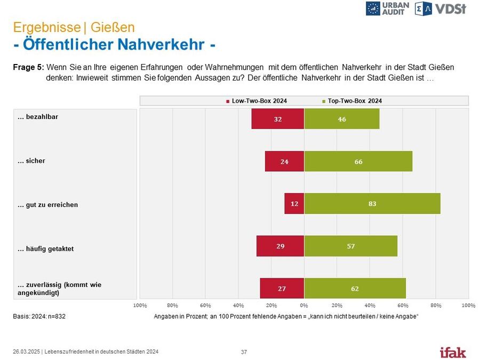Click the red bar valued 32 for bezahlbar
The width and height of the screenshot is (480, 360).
tap(278, 119)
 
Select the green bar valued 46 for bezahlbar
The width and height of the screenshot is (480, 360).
tap(341, 119)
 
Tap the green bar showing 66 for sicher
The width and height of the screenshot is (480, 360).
tap(358, 161)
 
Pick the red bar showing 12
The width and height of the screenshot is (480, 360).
tap(294, 204)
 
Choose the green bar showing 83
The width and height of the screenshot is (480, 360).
tap(372, 204)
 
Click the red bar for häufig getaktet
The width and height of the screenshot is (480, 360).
tap(280, 246)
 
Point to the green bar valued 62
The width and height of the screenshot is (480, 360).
tap(355, 289)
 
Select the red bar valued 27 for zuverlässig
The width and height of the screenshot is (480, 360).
tap(282, 289)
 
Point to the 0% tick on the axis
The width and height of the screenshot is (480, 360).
tap(304, 306)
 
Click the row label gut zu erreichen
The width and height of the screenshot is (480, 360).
tap(51, 205)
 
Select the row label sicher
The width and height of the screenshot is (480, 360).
tap(35, 161)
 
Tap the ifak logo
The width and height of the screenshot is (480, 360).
tap(452, 352)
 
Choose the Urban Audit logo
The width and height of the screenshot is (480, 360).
tap(388, 8)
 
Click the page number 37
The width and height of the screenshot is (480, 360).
tap(244, 352)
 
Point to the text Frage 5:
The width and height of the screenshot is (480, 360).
tap(28, 68)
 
